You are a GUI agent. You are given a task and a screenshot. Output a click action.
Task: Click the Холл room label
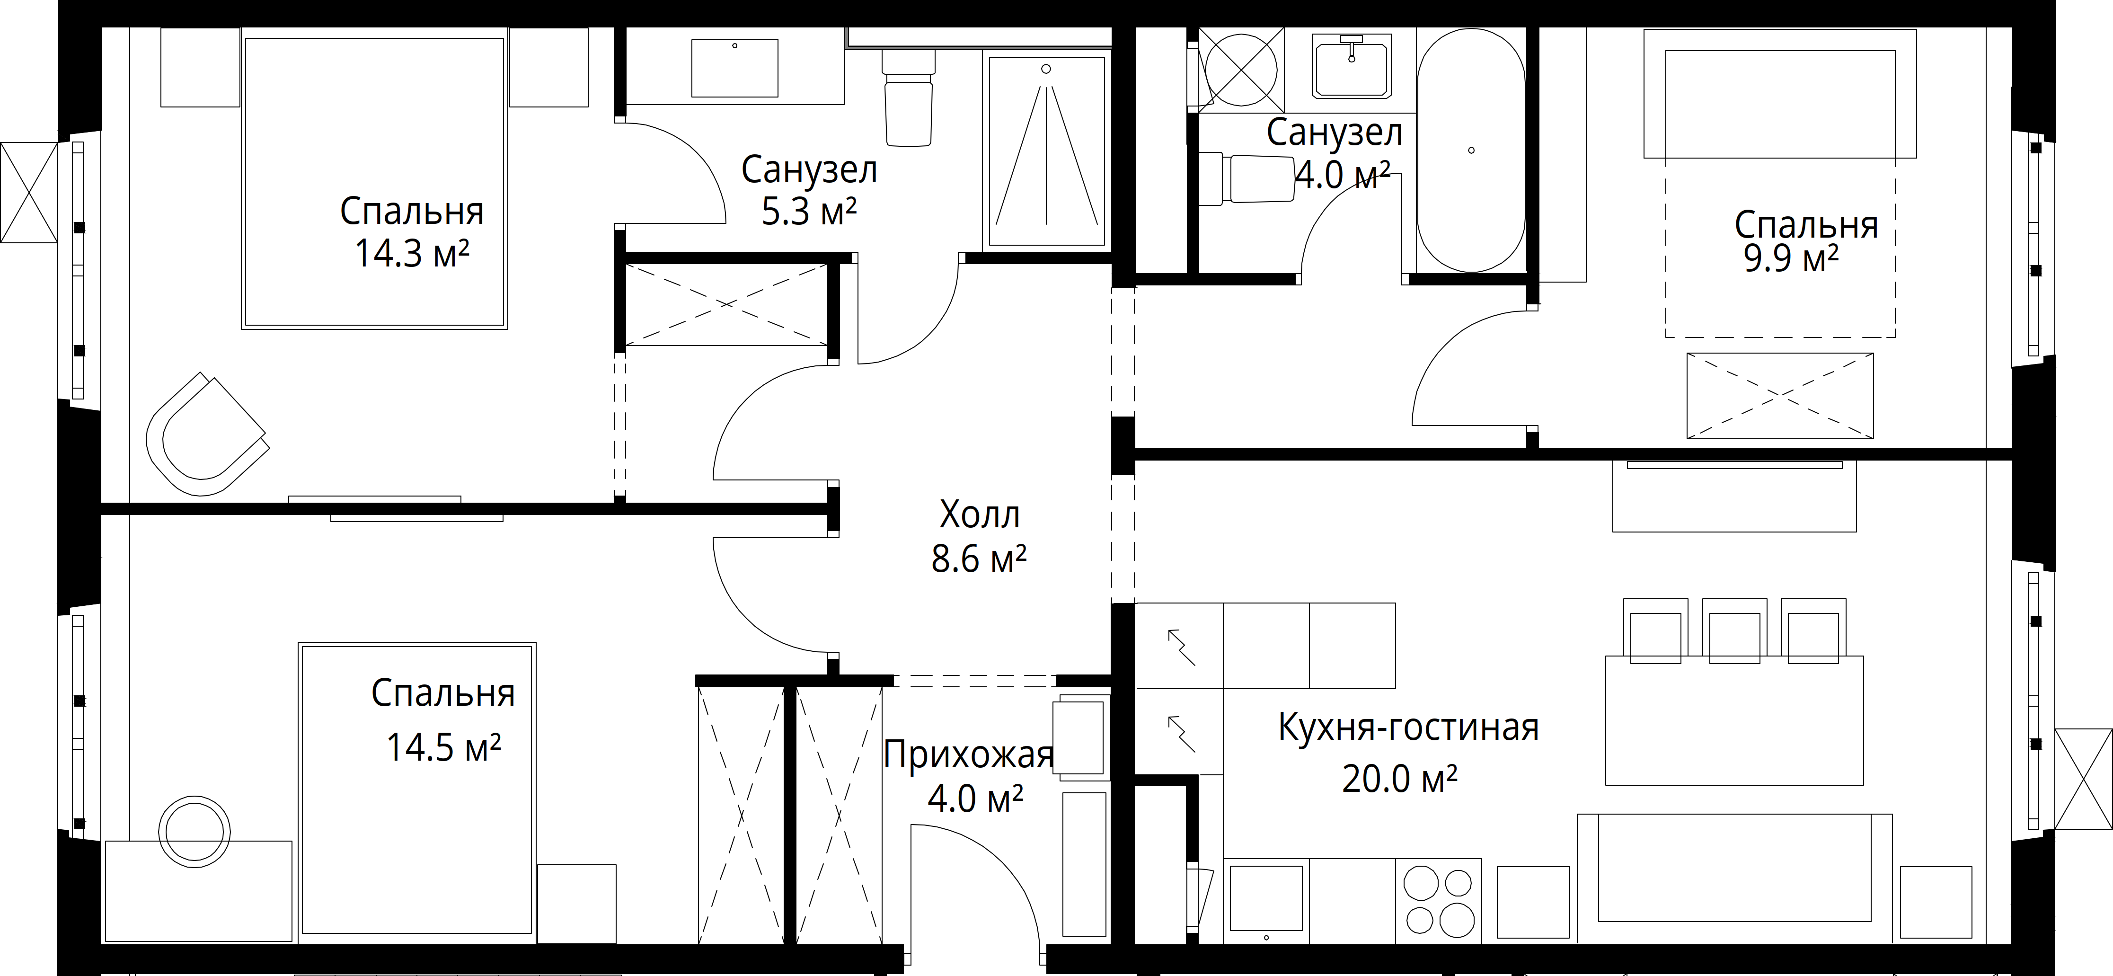[x=980, y=515]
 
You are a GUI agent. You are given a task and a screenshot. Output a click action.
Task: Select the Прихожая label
[x=968, y=754]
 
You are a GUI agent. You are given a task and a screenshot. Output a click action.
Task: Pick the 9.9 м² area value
[x=1791, y=259]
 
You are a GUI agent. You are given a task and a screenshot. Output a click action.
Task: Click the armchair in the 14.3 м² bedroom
[x=207, y=435]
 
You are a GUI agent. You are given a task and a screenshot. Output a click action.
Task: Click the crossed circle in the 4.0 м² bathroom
[x=1241, y=70]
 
